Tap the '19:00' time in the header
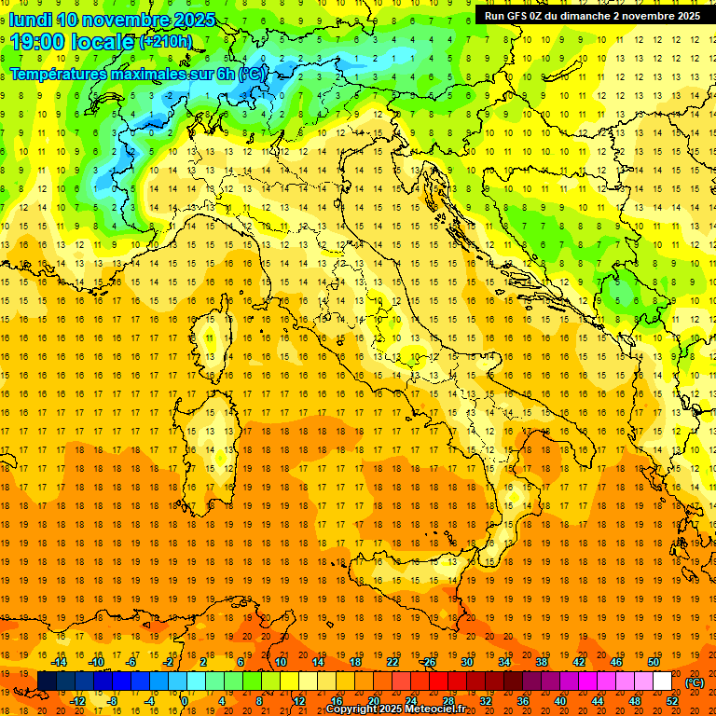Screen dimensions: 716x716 (x=37, y=42)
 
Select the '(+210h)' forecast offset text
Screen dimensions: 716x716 (x=166, y=42)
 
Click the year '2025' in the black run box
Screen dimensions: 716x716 (x=683, y=16)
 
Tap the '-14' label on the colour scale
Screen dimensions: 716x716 (x=59, y=662)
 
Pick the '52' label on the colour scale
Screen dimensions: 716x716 (x=672, y=701)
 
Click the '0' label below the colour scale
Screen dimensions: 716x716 (x=185, y=701)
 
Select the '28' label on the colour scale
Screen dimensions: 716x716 (x=449, y=701)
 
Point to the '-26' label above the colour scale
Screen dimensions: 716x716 (x=428, y=662)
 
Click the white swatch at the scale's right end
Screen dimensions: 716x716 (x=662, y=682)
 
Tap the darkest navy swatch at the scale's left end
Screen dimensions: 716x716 (x=47, y=682)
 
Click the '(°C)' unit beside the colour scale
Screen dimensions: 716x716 (x=695, y=682)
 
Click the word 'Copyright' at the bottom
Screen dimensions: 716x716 (x=351, y=709)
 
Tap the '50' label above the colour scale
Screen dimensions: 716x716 (x=654, y=662)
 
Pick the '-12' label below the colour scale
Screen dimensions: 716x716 (x=78, y=701)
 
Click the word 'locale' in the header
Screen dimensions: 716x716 (x=104, y=42)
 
